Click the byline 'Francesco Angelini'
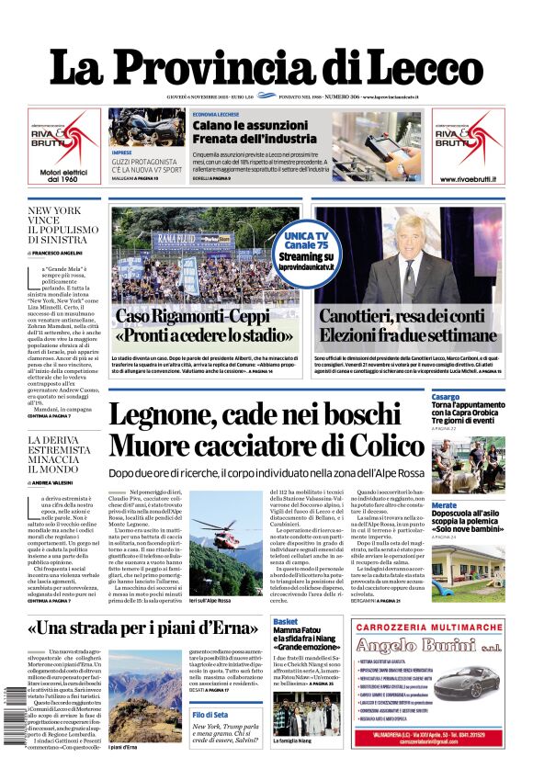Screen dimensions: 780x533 click(60, 253)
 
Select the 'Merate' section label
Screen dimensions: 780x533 click(444, 505)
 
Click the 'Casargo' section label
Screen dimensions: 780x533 click(446, 397)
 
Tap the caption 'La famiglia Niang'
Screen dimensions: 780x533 click(294, 765)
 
